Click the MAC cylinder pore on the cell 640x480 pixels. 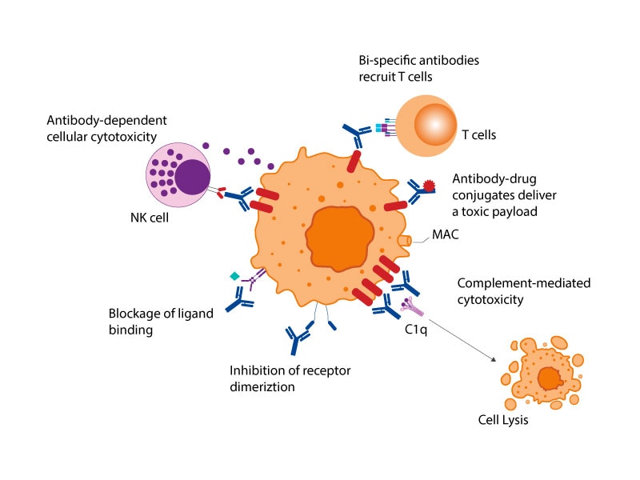(405, 239)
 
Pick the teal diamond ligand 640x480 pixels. (234, 276)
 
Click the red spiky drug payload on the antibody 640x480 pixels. (430, 186)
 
